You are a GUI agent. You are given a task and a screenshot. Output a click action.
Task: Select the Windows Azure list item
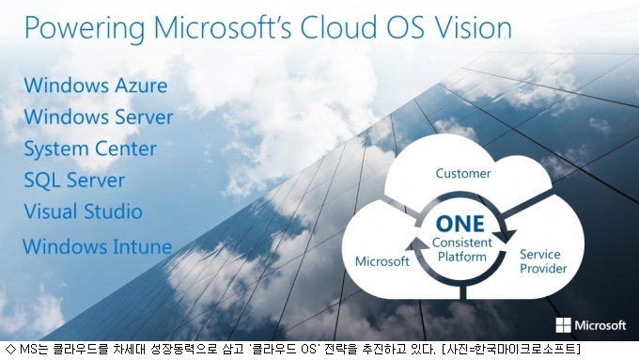point(96,86)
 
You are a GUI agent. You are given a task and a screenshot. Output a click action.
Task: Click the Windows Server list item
point(99,117)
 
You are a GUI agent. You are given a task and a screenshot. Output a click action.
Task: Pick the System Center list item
point(90,149)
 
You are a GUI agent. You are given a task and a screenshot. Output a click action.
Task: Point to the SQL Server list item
point(74,180)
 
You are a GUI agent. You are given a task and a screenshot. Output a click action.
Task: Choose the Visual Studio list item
point(83,211)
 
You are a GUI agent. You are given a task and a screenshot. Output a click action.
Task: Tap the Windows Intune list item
point(97,246)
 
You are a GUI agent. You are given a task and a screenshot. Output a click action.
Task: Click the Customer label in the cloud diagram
point(463,173)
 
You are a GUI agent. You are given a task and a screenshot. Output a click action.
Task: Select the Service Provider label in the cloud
point(543,261)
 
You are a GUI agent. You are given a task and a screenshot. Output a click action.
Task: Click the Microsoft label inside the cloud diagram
point(382,261)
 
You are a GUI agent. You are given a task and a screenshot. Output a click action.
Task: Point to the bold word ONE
point(460,224)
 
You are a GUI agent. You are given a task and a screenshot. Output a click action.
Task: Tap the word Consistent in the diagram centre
point(462,243)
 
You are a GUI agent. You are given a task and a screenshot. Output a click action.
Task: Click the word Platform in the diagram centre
point(462,257)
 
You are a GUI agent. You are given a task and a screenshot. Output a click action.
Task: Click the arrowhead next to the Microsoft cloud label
point(415,244)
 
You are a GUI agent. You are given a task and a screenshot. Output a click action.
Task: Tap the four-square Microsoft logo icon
point(563,325)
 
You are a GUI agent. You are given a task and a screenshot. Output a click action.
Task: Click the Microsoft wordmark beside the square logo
point(600,325)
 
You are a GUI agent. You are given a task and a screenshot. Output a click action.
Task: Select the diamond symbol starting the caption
point(11,350)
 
